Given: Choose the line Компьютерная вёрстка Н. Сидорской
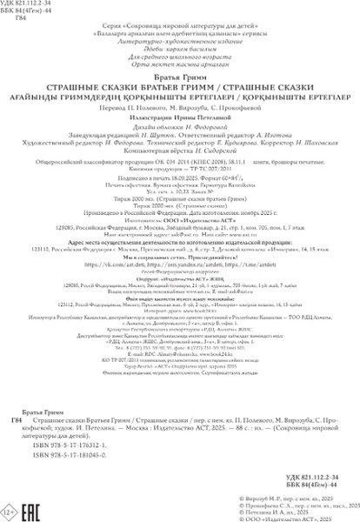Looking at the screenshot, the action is click(180, 151).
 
